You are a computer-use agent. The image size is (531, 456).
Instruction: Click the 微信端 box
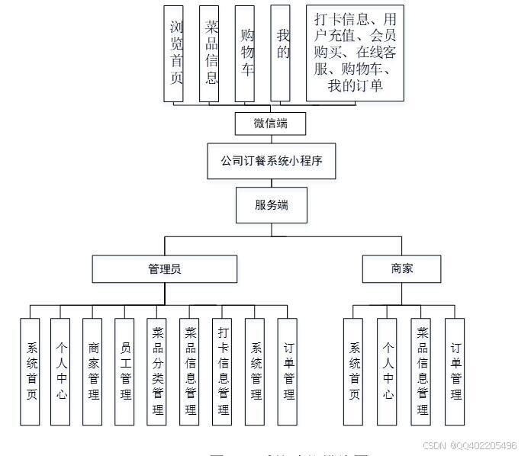tap(270, 122)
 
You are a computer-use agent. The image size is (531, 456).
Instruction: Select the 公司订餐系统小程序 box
tap(271, 161)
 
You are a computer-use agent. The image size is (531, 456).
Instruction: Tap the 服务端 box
tap(271, 205)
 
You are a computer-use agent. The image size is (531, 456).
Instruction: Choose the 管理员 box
tap(164, 268)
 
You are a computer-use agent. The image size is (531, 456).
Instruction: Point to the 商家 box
tap(401, 268)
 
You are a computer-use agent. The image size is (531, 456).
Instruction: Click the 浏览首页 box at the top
tap(176, 53)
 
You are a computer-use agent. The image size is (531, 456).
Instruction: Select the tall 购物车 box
tap(246, 53)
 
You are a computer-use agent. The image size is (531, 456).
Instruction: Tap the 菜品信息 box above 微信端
tap(211, 53)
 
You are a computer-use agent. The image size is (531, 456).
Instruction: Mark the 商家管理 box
tap(93, 371)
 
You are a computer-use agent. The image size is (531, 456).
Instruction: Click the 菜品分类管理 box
tap(158, 371)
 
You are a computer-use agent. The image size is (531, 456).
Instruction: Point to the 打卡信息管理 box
tap(223, 371)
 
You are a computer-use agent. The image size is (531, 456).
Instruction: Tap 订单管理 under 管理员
tap(288, 371)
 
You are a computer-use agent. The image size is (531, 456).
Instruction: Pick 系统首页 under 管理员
tap(30, 371)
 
